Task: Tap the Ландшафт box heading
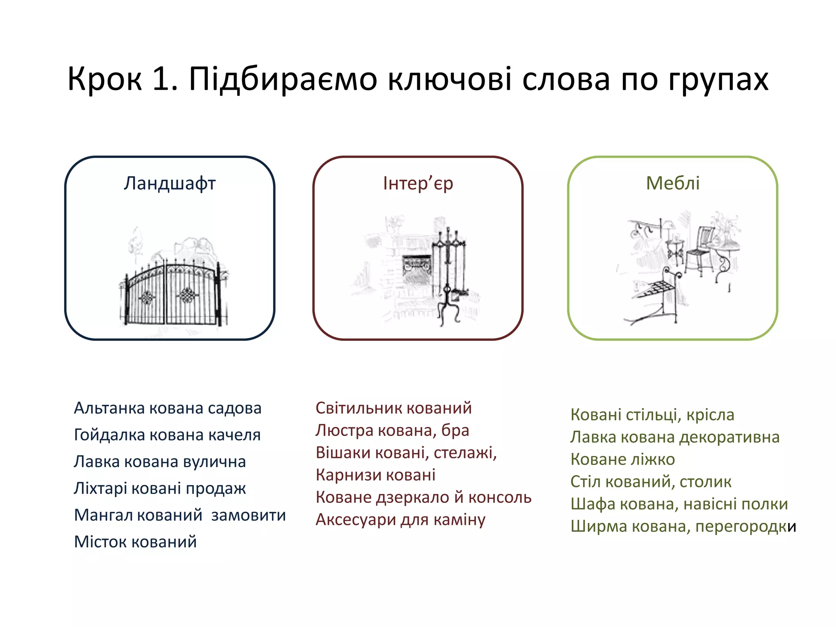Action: point(169,184)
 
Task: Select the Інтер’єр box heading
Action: point(418,184)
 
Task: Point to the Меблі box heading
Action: point(672,183)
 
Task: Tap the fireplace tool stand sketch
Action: point(449,278)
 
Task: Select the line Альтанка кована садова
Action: point(167,408)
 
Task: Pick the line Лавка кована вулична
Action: point(160,462)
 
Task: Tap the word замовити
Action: point(248,515)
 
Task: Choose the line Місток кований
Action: point(135,542)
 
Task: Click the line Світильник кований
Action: point(394,408)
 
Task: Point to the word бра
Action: point(455,431)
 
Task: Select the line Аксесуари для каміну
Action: point(400,520)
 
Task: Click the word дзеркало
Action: point(412,498)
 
